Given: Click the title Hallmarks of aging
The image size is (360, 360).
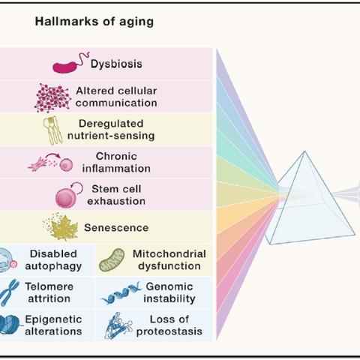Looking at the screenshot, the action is point(94,22).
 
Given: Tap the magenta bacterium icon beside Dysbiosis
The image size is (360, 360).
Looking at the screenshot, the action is point(70,64).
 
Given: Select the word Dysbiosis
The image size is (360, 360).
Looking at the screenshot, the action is point(116,64).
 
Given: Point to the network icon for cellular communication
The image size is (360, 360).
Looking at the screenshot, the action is point(52,97).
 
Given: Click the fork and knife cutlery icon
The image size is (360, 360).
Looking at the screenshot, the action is point(52,130).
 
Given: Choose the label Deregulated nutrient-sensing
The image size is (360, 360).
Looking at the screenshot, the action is point(111,130).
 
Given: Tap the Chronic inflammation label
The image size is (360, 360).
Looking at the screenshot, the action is point(116,163).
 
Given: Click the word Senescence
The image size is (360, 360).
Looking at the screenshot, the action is point(116,228).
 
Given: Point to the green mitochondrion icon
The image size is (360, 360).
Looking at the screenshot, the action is point(112,260).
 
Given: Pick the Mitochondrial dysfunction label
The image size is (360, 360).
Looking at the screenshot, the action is point(169,260).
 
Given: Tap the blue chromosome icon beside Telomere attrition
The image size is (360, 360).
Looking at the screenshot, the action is point(10,292).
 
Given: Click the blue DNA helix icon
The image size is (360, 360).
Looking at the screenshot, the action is point(121,293).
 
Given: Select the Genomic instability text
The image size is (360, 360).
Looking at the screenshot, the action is point(169,292).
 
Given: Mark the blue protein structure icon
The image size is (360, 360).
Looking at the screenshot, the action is point(118,325).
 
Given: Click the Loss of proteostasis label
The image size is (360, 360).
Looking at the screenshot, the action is point(169,325).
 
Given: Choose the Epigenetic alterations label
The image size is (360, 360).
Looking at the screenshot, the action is point(53,325).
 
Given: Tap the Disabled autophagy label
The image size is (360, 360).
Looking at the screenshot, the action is point(53,260).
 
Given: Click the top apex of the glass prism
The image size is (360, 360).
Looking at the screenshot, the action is point(304,151).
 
